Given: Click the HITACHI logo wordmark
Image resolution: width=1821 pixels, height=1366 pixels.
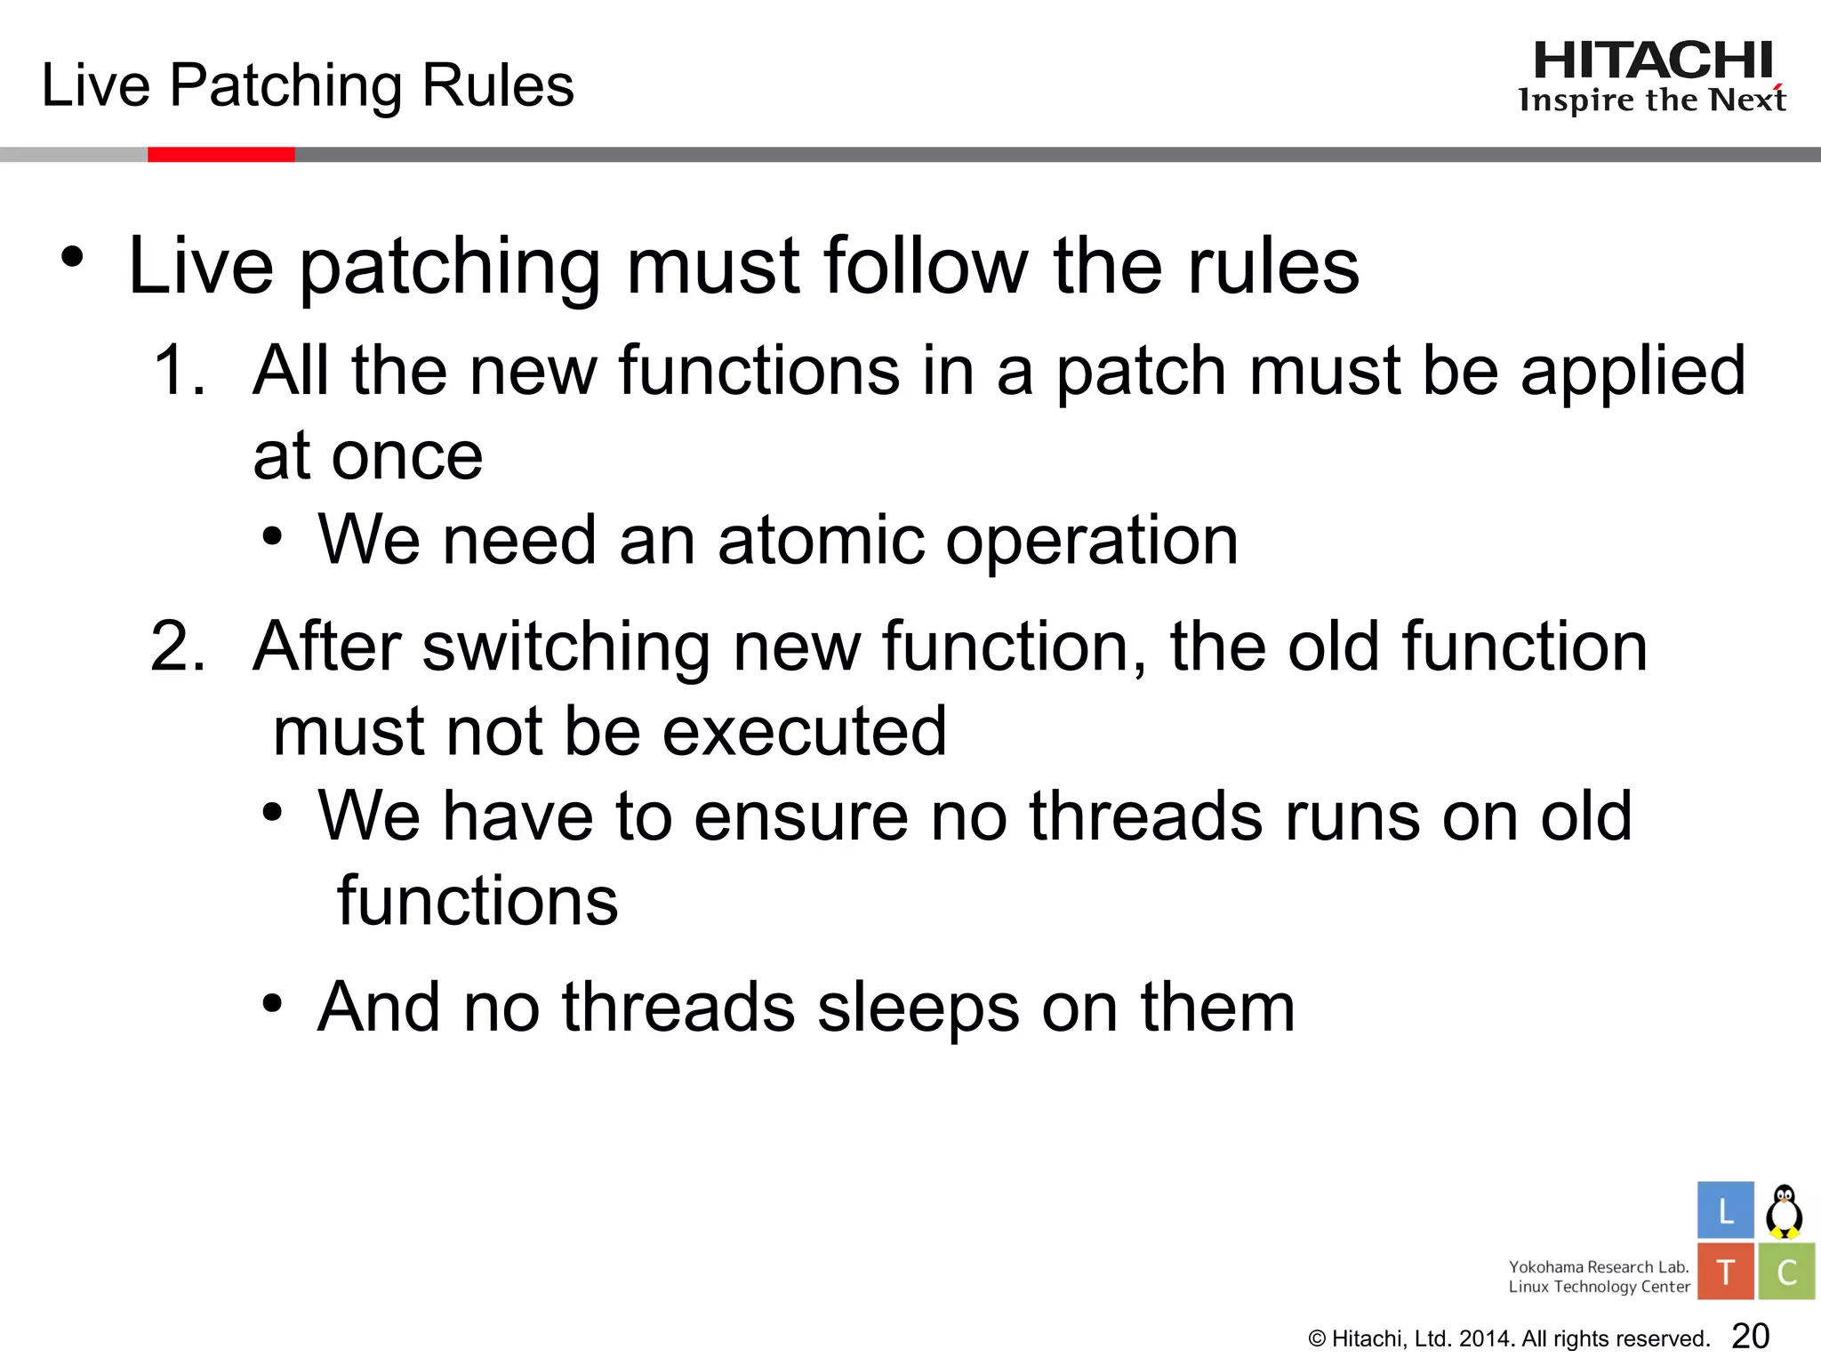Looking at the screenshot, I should pyautogui.click(x=1653, y=61).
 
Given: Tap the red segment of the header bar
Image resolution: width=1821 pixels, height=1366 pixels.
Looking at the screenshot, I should pyautogui.click(x=221, y=155).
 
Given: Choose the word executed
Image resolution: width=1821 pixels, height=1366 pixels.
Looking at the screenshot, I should pyautogui.click(x=805, y=731).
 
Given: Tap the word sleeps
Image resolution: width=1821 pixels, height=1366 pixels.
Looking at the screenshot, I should pyautogui.click(x=918, y=1008).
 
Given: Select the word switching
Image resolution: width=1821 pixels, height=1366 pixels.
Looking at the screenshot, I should pyautogui.click(x=566, y=647).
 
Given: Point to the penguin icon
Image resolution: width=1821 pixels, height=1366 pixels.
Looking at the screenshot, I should pyautogui.click(x=1784, y=1211).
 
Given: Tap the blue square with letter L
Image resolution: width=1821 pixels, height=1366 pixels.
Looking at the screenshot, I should pyautogui.click(x=1725, y=1210).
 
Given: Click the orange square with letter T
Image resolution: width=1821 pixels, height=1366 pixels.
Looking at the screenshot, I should pyautogui.click(x=1725, y=1272).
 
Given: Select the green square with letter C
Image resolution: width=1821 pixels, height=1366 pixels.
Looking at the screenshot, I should pyautogui.click(x=1786, y=1272).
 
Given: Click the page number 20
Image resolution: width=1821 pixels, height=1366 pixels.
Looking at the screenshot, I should pyautogui.click(x=1751, y=1336).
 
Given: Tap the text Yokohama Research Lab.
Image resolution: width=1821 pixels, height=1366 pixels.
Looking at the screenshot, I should pyautogui.click(x=1598, y=1266).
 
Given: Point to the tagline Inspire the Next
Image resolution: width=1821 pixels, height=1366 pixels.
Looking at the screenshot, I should pyautogui.click(x=1651, y=100).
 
